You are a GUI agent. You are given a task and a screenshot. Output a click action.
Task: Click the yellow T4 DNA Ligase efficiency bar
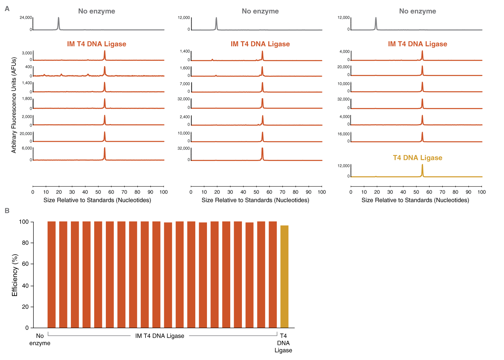284,277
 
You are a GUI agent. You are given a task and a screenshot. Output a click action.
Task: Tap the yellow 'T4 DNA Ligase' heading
417,158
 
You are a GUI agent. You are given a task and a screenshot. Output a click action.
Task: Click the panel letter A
7,9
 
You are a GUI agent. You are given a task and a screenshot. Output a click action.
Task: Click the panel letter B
7,211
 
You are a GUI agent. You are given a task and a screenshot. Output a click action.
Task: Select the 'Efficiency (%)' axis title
14,275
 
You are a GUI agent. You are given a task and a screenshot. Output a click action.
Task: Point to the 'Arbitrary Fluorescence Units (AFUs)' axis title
14,105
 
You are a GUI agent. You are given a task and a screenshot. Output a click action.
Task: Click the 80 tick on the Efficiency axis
25,243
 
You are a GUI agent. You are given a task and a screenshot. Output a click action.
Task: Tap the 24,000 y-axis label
26,18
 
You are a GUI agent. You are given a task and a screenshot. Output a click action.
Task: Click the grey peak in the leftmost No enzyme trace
59,23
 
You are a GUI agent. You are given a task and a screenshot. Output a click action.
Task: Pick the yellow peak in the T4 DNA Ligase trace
422,170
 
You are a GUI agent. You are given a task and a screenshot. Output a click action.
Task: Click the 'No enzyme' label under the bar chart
40,340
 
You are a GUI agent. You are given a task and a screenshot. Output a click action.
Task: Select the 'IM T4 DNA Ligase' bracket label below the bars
160,336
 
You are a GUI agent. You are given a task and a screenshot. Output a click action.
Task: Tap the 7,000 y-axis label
185,84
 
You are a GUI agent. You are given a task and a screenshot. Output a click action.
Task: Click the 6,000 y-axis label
27,148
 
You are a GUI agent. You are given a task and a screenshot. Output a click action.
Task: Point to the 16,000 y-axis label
344,134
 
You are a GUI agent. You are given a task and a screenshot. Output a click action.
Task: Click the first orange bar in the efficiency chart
51,274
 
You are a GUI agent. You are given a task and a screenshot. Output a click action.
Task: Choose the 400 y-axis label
28,67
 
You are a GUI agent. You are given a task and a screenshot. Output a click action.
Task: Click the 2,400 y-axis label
185,117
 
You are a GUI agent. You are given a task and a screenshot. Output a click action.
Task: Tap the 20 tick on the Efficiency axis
25,307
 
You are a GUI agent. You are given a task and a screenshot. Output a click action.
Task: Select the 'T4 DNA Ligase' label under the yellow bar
283,343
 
